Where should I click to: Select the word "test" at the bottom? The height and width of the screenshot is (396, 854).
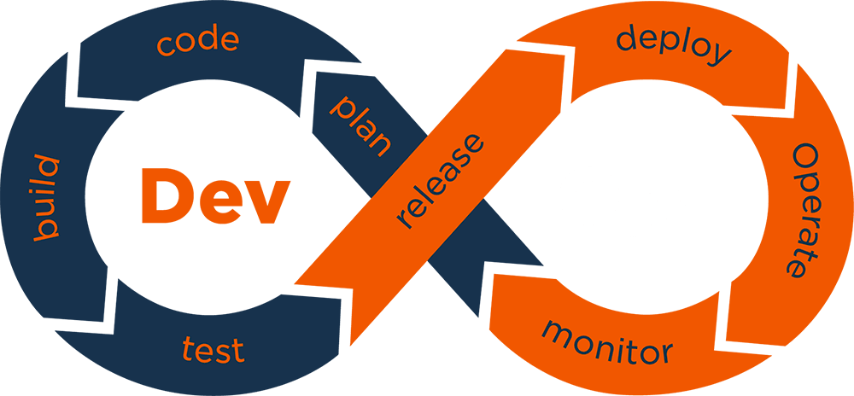(x=213, y=349)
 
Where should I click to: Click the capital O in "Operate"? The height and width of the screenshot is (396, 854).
(x=806, y=157)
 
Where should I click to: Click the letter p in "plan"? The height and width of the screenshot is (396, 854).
(x=343, y=108)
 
